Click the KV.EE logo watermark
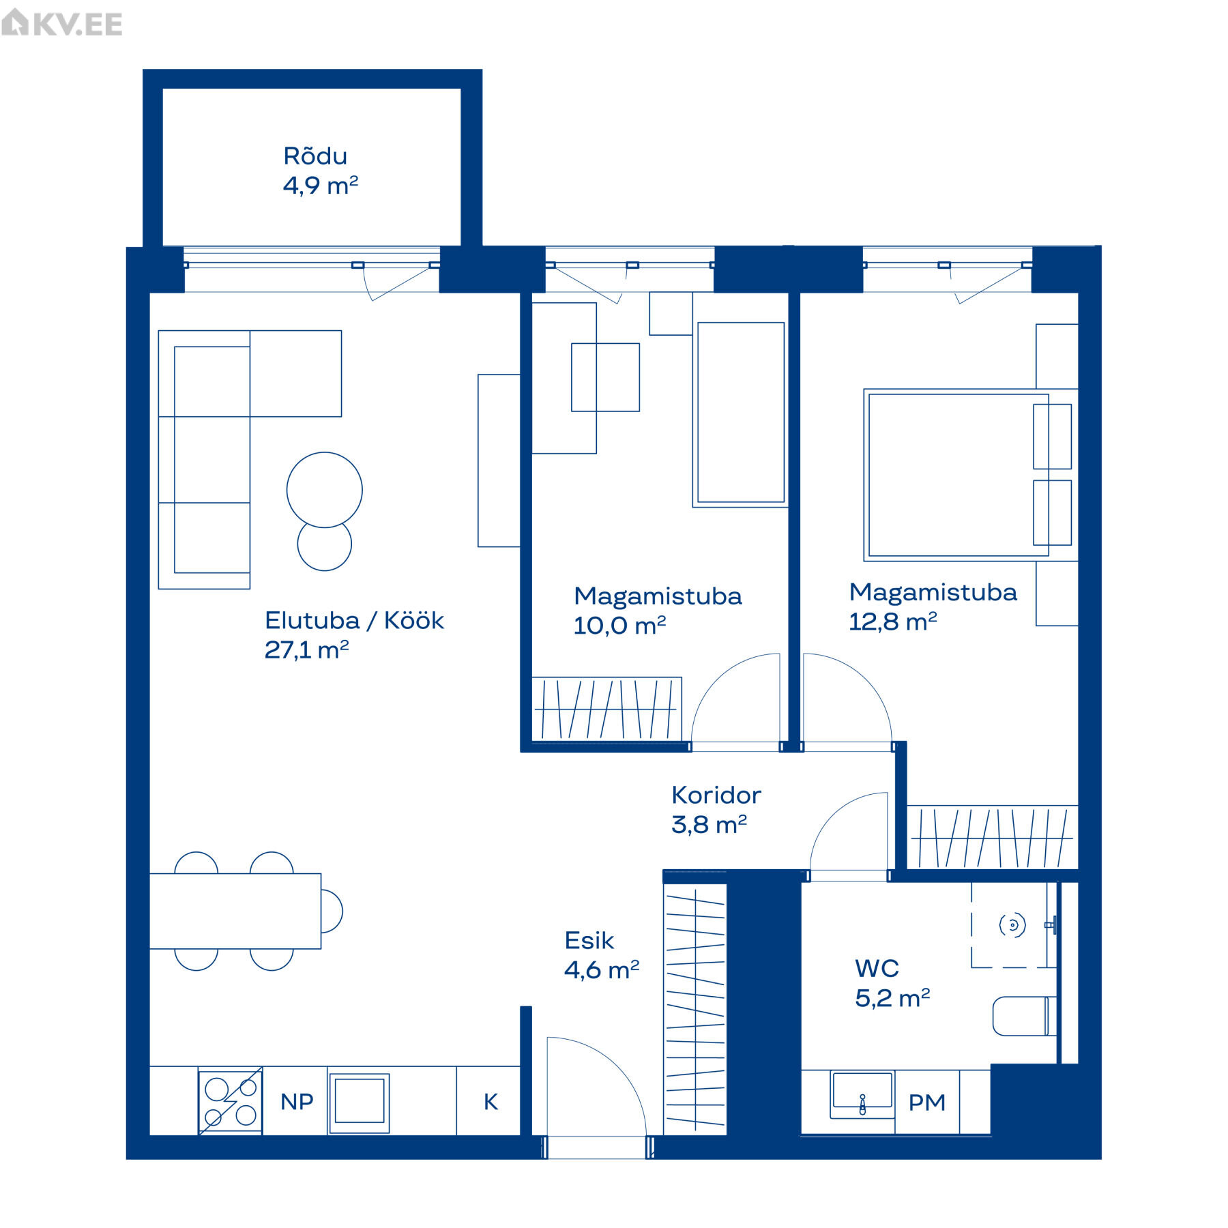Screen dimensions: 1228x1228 coord(62,23)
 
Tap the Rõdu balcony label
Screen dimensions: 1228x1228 coord(315,156)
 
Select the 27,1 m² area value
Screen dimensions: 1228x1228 coord(306,649)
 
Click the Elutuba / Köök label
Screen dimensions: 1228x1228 coord(354,620)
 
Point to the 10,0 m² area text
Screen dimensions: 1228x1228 coord(619,625)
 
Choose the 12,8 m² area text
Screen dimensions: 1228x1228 coord(892,622)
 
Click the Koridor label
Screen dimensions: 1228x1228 coord(716,795)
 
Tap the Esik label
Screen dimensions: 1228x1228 coord(589,941)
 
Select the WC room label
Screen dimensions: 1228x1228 coord(877,968)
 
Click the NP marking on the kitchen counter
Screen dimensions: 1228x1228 coord(297,1101)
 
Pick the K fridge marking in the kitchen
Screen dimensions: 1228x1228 coord(491,1101)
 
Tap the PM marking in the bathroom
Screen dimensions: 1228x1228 coord(926,1102)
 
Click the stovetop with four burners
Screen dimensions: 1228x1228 coord(231,1102)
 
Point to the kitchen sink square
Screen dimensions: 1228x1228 coord(359,1103)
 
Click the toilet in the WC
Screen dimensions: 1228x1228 coord(1024,1016)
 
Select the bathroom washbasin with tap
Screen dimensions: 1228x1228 coord(862,1094)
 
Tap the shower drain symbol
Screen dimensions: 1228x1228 coord(1012,925)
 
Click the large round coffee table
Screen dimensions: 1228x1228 coord(325,489)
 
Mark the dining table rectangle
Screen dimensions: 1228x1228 coord(235,911)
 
